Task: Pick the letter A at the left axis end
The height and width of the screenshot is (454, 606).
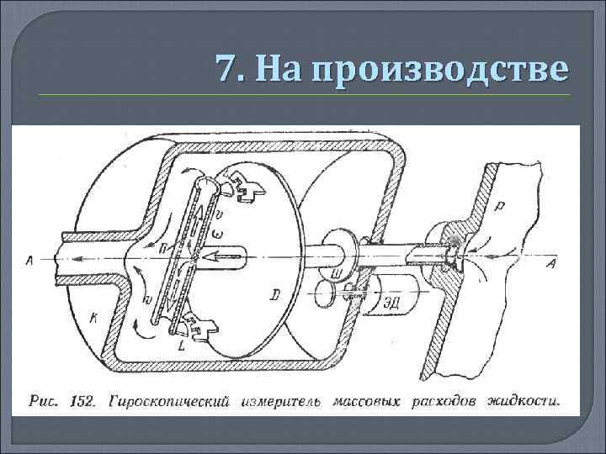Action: click(29, 261)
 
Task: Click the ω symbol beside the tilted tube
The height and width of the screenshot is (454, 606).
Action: click(217, 232)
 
